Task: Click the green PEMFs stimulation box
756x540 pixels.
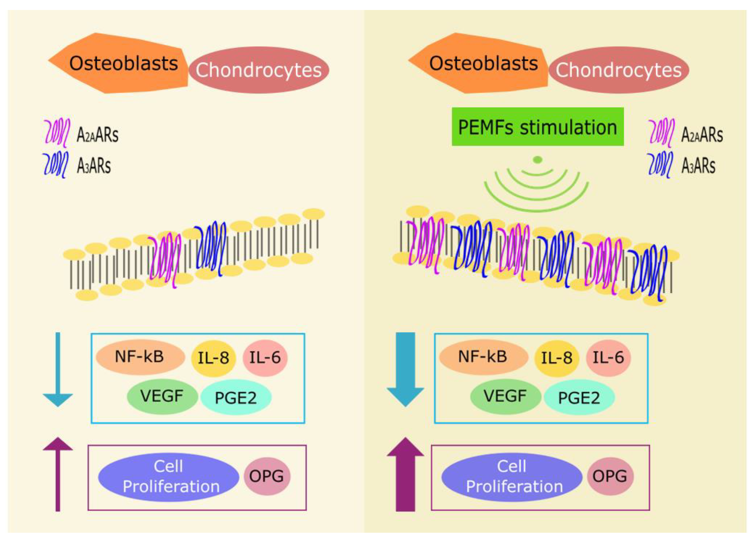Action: (x=537, y=127)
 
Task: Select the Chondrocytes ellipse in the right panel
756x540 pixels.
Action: (x=619, y=70)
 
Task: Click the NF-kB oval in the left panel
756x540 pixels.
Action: (x=140, y=357)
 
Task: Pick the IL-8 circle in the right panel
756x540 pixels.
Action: (x=556, y=358)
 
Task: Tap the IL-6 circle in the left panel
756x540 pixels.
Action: (x=265, y=358)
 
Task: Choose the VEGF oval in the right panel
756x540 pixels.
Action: (x=505, y=396)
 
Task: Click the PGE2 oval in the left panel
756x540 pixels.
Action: (x=236, y=397)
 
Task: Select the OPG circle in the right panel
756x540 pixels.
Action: (x=610, y=476)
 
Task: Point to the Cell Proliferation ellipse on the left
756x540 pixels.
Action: (x=169, y=477)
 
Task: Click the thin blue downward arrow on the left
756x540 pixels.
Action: (x=58, y=369)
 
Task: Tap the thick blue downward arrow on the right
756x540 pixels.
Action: (x=405, y=369)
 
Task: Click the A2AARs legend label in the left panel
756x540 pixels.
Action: (x=97, y=135)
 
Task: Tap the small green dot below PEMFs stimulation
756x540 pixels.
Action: (x=537, y=160)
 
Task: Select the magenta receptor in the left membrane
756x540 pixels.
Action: (x=165, y=259)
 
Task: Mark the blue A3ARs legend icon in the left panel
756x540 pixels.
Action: (x=56, y=165)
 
